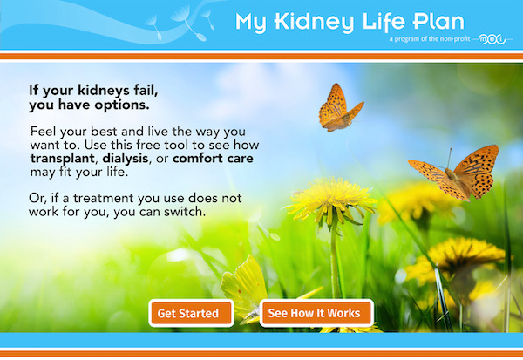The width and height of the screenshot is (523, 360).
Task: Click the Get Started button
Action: pyautogui.click(x=191, y=313)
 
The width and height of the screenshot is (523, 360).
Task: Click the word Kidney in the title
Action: pyautogui.click(x=314, y=23)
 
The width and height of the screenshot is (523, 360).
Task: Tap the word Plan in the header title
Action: pyautogui.click(x=438, y=21)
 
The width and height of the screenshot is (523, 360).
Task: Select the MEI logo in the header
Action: pyautogui.click(x=492, y=39)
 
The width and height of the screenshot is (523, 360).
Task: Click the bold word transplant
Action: pyautogui.click(x=63, y=159)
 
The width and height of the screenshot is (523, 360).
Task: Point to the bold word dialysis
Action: pyautogui.click(x=126, y=159)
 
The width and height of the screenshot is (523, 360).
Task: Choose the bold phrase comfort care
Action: pyautogui.click(x=213, y=158)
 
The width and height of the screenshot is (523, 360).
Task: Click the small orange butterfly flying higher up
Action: pyautogui.click(x=339, y=109)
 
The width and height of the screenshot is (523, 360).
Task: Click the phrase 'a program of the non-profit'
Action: pyautogui.click(x=429, y=39)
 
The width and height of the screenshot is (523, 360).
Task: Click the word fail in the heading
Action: pyautogui.click(x=146, y=90)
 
